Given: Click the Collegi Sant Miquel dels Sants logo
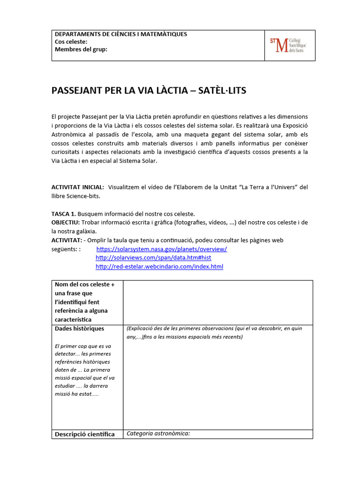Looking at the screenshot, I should coord(289,45).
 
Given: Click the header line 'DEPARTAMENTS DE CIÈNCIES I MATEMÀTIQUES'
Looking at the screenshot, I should coord(121,34).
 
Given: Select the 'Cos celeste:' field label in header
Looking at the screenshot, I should coord(71,42).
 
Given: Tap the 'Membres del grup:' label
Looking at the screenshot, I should coord(81,50).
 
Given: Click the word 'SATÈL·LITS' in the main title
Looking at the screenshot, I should coord(219,90).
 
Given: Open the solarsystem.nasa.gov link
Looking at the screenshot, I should coord(161,249).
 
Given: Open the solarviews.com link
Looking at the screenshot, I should coord(153,258).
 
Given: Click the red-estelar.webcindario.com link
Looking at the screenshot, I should coord(159,267).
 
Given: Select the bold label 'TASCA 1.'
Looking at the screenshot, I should coord(63,214).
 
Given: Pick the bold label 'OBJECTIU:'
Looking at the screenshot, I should coord(66,222).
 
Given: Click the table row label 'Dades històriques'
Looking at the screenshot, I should coord(80,329).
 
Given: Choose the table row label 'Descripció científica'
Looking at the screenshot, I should coord(85,434).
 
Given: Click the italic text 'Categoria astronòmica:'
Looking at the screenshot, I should coord(158,434).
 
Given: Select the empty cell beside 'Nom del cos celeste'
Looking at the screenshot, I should coord(217,301).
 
